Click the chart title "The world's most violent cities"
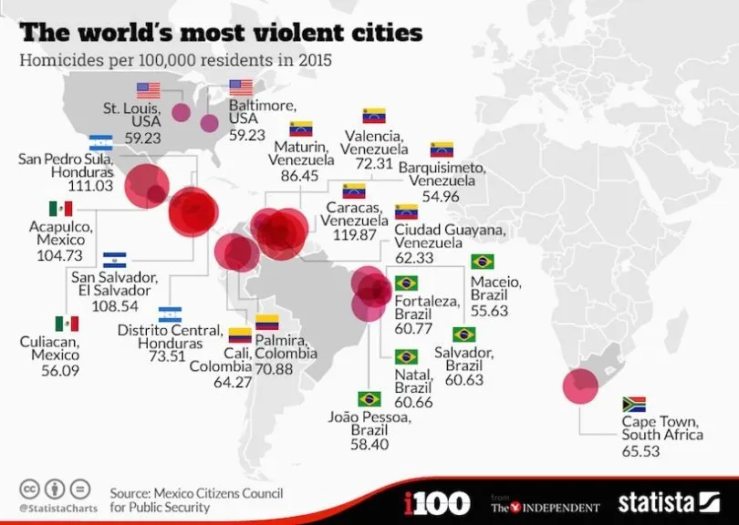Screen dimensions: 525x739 pyautogui.click(x=221, y=33)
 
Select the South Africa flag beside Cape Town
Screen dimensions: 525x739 pyautogui.click(x=634, y=404)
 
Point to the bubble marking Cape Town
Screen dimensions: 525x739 pyautogui.click(x=580, y=386)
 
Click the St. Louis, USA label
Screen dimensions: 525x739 pyautogui.click(x=130, y=116)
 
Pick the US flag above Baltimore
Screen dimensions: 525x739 pyautogui.click(x=241, y=87)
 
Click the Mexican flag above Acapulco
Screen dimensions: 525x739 pyautogui.click(x=61, y=210)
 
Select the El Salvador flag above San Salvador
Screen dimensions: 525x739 pyautogui.click(x=115, y=260)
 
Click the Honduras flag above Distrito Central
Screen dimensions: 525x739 pyautogui.click(x=170, y=314)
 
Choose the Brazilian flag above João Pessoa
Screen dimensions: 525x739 pyautogui.click(x=369, y=399)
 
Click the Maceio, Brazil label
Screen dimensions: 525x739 pyautogui.click(x=495, y=289)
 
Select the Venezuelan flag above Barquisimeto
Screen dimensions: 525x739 pyautogui.click(x=442, y=149)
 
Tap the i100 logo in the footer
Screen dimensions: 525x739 pyautogui.click(x=436, y=502)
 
